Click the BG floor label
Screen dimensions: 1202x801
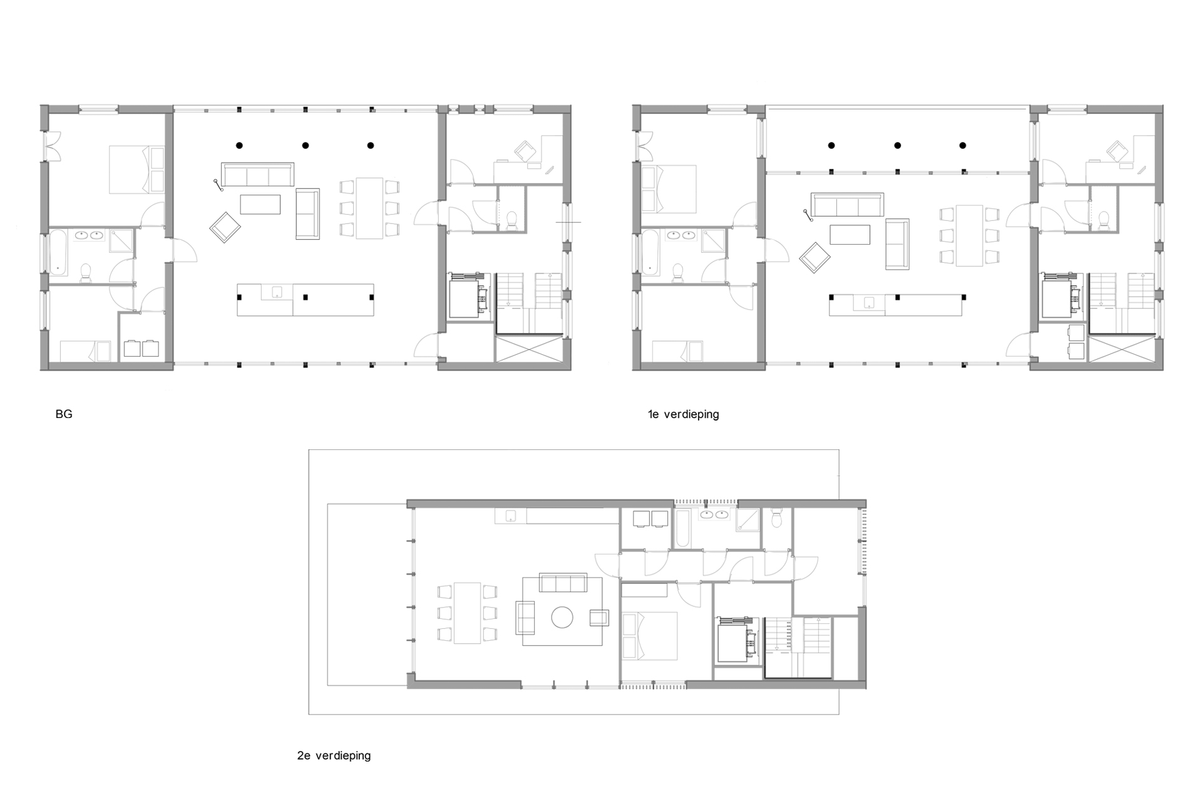[64, 414]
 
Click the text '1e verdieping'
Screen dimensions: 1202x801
[683, 414]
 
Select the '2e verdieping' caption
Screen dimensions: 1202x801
[334, 756]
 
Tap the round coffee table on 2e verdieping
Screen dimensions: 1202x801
[562, 618]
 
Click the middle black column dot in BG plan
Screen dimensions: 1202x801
[306, 146]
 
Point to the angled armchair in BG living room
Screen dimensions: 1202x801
[225, 227]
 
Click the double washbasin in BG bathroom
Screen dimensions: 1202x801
[89, 236]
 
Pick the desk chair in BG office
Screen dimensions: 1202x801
[524, 150]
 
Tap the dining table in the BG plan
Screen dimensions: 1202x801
[369, 208]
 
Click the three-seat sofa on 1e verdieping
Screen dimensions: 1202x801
[847, 204]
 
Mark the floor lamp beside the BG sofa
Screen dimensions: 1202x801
[218, 186]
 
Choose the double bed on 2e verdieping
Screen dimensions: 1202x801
[650, 635]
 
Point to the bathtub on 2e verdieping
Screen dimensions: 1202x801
[683, 529]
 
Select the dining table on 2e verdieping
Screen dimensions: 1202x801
[467, 613]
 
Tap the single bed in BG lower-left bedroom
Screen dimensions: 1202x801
[85, 351]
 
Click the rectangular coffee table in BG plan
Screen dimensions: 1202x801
[260, 205]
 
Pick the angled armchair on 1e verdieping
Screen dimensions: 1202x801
[815, 257]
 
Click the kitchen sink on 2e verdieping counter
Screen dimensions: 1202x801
[510, 516]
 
